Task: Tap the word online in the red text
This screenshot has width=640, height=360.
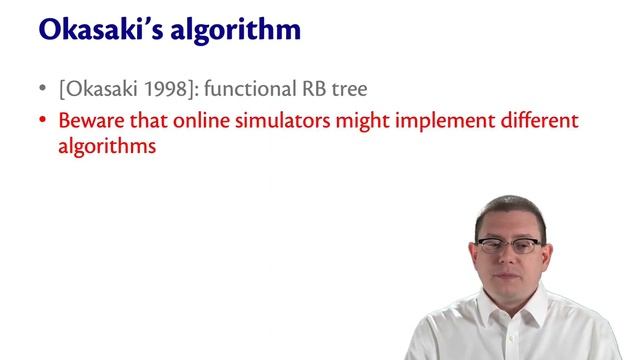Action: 200,121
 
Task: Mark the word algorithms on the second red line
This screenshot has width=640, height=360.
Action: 107,146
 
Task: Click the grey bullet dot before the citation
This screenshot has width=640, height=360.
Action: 42,89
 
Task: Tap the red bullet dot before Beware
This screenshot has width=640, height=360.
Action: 42,121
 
